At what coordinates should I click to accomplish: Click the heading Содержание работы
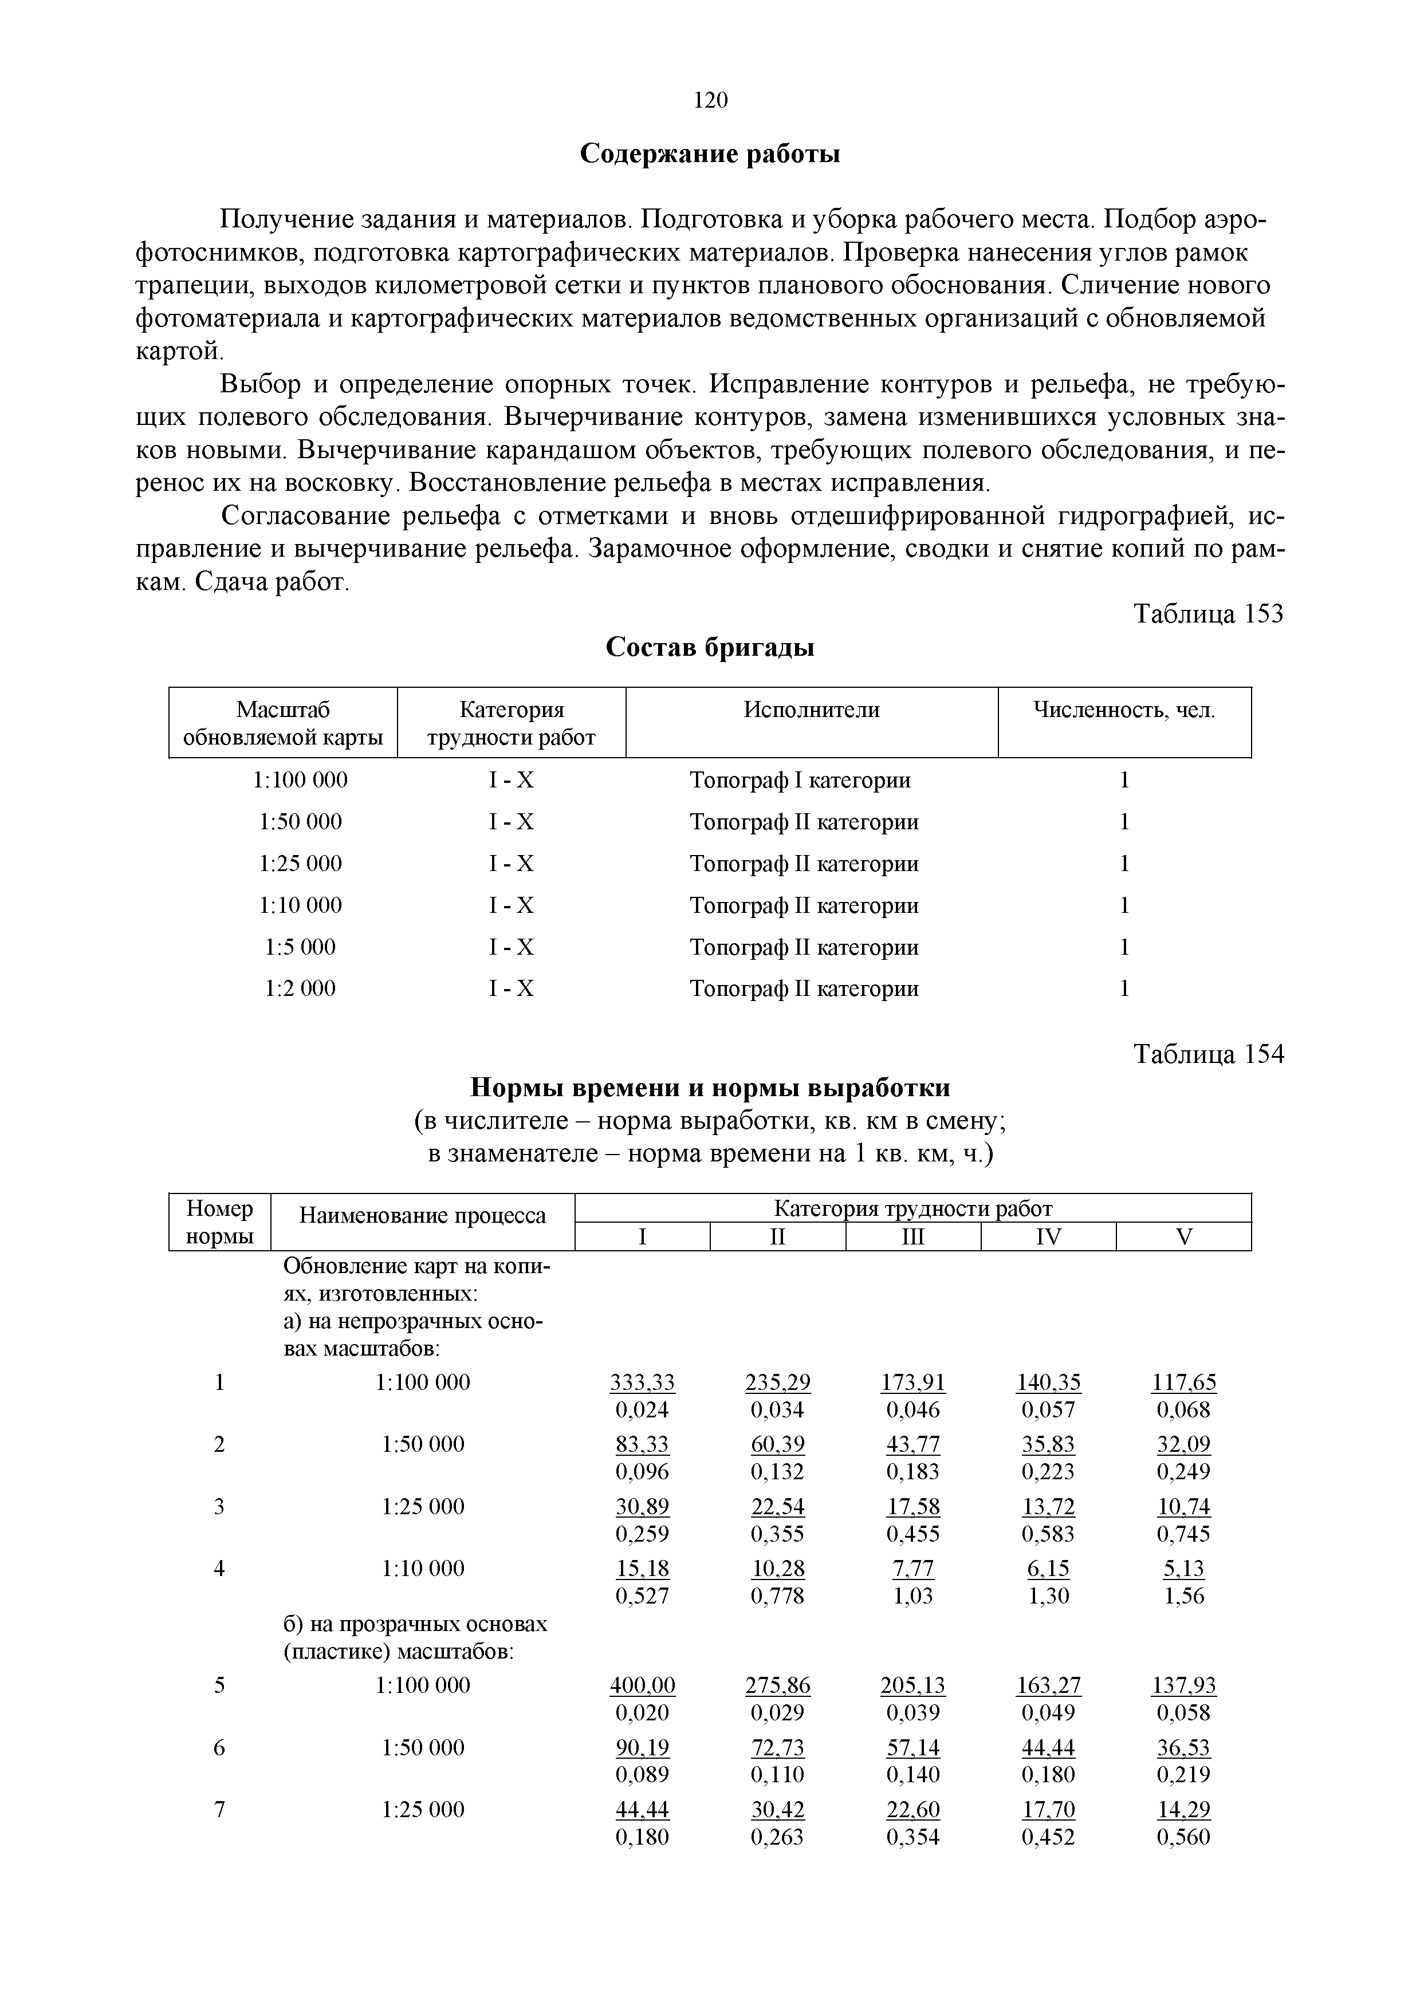click(710, 154)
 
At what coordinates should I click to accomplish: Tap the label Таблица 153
click(1208, 614)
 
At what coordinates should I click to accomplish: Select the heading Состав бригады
click(710, 648)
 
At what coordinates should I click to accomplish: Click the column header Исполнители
click(811, 710)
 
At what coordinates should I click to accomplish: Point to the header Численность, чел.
click(1124, 710)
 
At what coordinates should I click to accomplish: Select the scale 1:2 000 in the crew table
click(300, 988)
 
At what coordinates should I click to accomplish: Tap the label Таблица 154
click(1208, 1054)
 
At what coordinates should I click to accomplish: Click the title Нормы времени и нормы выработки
click(710, 1088)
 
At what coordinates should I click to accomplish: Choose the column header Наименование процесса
click(423, 1215)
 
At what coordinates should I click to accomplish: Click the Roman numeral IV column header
click(1048, 1237)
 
